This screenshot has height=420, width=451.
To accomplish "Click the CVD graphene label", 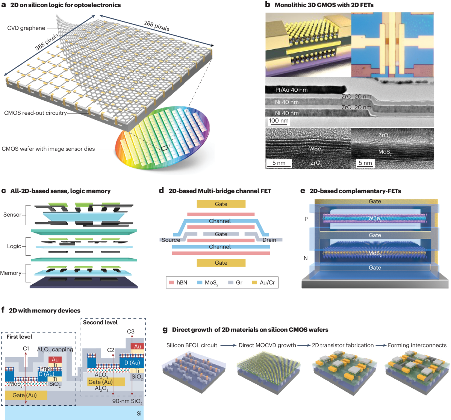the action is (26, 28).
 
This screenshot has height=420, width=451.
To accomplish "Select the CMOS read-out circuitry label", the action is (35, 113).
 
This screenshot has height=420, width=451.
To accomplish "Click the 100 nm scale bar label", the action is (279, 121).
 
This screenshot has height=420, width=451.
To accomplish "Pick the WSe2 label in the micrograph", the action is (315, 149).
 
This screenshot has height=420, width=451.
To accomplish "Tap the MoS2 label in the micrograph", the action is (385, 152).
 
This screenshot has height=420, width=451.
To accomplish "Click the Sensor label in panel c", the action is (12, 215).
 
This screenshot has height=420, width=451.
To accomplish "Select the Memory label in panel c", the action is (11, 273).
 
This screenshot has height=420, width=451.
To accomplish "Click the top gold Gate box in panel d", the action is (221, 204).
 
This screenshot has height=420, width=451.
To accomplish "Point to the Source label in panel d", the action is (171, 240).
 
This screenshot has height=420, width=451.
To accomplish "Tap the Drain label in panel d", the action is (269, 240).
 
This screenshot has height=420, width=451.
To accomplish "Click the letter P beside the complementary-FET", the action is (306, 218).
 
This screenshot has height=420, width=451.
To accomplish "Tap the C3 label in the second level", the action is (130, 331).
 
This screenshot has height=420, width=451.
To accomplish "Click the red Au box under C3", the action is (138, 346).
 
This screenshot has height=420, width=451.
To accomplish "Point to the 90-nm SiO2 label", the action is (127, 401).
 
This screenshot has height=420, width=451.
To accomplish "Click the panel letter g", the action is (165, 330).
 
